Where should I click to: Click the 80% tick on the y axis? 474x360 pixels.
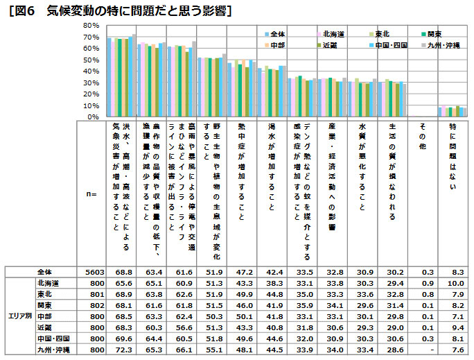pyautogui.click(x=90, y=25)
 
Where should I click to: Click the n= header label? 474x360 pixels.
pyautogui.click(x=90, y=195)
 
